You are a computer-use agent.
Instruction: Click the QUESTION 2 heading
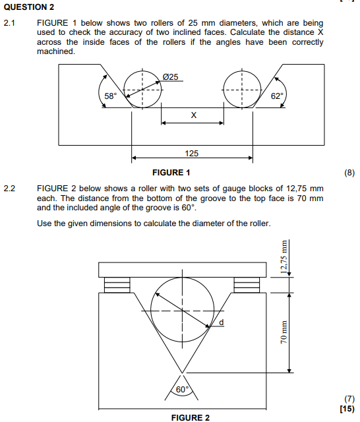coord(29,8)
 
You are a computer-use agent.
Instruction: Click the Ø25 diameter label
coord(170,78)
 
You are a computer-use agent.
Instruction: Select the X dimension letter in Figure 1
coord(193,115)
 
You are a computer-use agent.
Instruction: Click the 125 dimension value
coord(192,153)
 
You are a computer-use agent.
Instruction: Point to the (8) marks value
coord(349,173)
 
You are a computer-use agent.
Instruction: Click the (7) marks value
coord(349,399)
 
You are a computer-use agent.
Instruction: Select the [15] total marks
coord(347,409)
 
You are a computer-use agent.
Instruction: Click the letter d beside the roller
coord(222,322)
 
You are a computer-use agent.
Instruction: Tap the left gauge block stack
coord(117,285)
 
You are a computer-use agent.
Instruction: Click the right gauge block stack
coord(248,285)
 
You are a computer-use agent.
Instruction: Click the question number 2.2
coord(10,188)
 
